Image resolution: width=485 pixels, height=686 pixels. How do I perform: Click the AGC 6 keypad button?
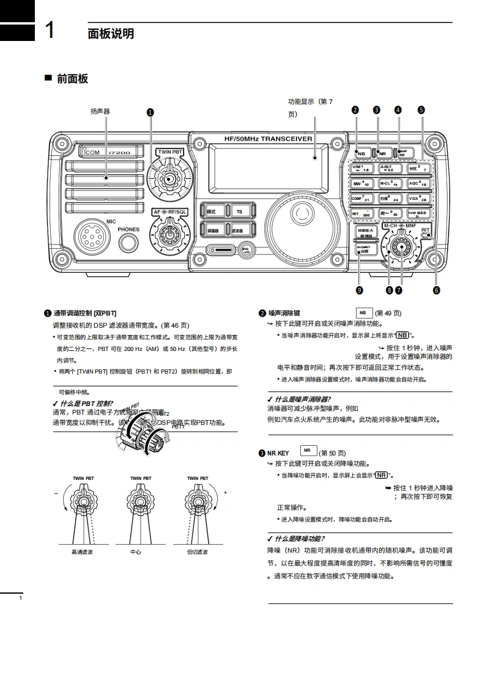[419, 183]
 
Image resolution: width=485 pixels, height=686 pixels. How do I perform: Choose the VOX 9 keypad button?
[419, 198]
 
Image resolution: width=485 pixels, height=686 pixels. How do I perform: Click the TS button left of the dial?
[239, 211]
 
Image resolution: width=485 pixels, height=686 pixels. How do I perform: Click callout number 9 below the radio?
[359, 290]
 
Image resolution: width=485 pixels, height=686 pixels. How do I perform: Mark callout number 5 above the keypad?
[421, 110]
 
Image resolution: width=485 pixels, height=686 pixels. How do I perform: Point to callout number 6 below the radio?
[436, 290]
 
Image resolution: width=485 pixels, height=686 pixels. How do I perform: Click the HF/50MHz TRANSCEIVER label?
[268, 139]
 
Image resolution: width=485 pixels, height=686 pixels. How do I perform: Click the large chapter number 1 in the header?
[52, 31]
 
